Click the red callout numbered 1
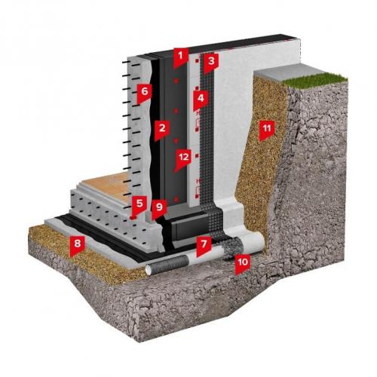pos(180,57)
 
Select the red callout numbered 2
pos(161,130)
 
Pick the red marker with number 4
pos(201,100)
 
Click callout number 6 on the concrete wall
pos(144,93)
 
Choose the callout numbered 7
pos(204,246)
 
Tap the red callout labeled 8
pos(77,245)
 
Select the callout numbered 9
pos(159,209)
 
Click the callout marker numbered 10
pos(243,264)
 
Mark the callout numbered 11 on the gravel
pos(266,130)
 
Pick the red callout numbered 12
pos(183,159)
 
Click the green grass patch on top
pos(316,79)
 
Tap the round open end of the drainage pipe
pos(149,270)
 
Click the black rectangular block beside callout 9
pos(191,225)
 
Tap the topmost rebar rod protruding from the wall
pos(131,63)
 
